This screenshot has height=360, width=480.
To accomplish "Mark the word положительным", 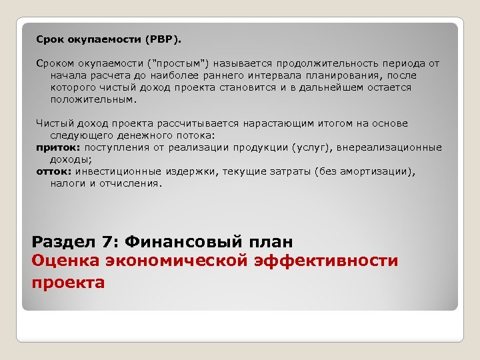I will click(93, 99).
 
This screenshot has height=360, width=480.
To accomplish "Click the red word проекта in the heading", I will click(68, 283).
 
